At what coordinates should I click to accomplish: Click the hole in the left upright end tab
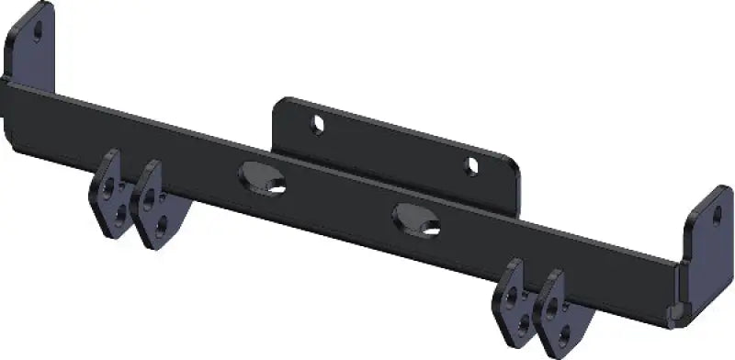[39, 30]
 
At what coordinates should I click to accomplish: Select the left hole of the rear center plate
[317, 123]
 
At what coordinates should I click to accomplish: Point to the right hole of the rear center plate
[472, 167]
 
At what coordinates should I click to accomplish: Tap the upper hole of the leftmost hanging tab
[110, 186]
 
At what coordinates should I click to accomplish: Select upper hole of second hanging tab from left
[150, 195]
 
